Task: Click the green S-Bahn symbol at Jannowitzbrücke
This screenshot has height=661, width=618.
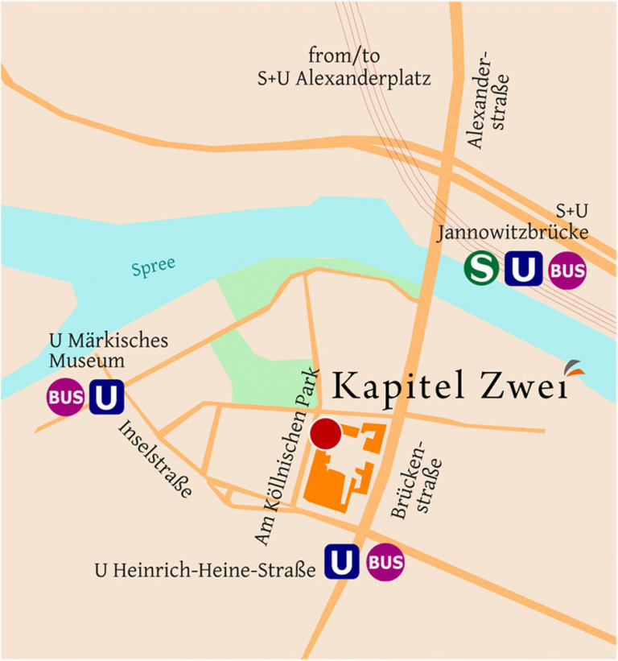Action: [481, 269]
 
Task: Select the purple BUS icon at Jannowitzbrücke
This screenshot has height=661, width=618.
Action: [567, 270]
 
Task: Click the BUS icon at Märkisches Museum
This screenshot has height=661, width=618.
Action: [65, 398]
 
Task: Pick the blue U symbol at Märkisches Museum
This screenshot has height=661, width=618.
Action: [106, 398]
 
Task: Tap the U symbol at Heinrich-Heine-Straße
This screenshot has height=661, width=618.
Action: [341, 562]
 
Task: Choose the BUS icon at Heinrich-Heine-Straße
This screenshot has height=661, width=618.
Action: [385, 562]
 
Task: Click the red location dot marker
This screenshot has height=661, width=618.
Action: [326, 434]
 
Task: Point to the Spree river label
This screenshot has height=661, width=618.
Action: [154, 267]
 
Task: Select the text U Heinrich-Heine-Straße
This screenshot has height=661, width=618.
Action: [204, 572]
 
